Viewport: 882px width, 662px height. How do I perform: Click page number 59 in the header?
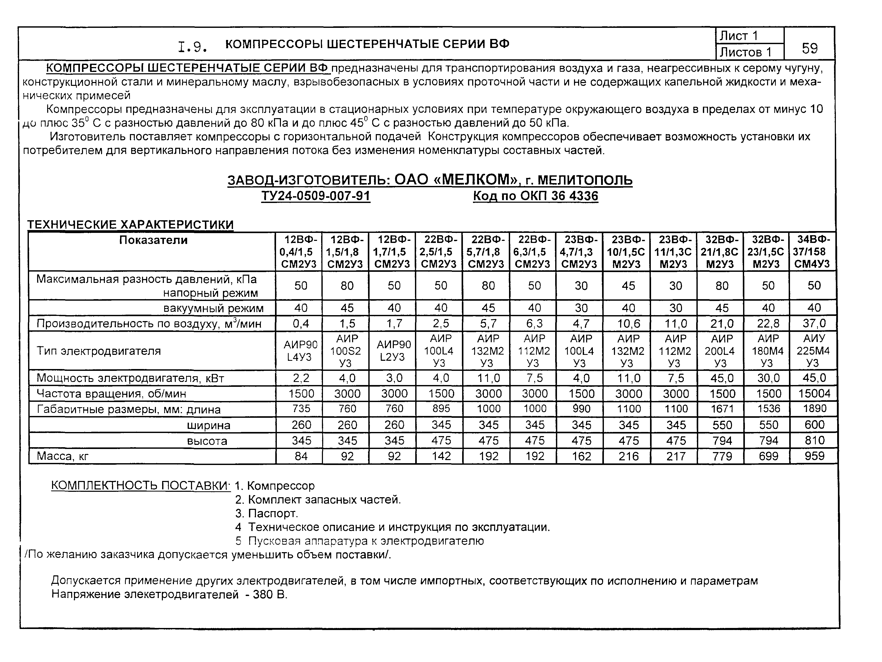pos(809,48)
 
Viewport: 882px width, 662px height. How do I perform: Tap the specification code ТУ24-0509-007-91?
pos(316,196)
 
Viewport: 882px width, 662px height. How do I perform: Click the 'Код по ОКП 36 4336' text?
pos(536,196)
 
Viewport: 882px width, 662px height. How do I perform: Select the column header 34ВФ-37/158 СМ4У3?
pos(813,251)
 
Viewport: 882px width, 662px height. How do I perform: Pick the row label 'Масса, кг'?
pos(63,456)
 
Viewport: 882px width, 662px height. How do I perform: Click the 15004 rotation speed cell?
pos(814,394)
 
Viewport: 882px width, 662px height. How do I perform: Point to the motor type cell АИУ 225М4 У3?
pos(813,351)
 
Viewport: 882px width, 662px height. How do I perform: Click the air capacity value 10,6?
pos(628,323)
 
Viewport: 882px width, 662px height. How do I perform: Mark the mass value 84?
pos(301,456)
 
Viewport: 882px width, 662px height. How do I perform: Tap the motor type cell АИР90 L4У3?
pos(300,351)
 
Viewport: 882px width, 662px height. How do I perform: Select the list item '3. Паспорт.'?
pos(266,513)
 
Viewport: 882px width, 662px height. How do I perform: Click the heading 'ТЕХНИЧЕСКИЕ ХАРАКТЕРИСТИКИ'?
pos(130,225)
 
